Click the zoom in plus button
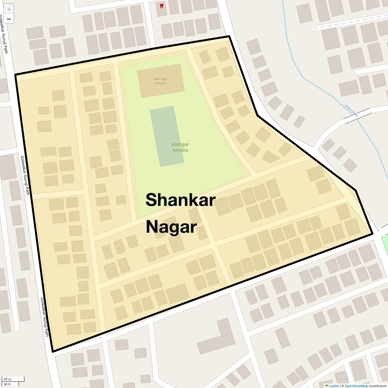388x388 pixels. coord(9,9)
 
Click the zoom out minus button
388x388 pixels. coord(9,19)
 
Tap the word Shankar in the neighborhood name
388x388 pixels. coord(180,200)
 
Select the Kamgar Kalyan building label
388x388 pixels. coord(161,81)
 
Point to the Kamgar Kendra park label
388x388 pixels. coord(180,147)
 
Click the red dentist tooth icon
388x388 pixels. coord(162,6)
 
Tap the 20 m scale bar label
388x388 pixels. coord(7,379)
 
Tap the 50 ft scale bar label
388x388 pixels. coord(7,384)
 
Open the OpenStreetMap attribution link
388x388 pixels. coord(356,386)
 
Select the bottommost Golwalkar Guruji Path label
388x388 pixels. coord(44,317)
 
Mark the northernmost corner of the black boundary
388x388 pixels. coord(229,36)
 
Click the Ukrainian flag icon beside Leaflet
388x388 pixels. coord(327,386)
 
